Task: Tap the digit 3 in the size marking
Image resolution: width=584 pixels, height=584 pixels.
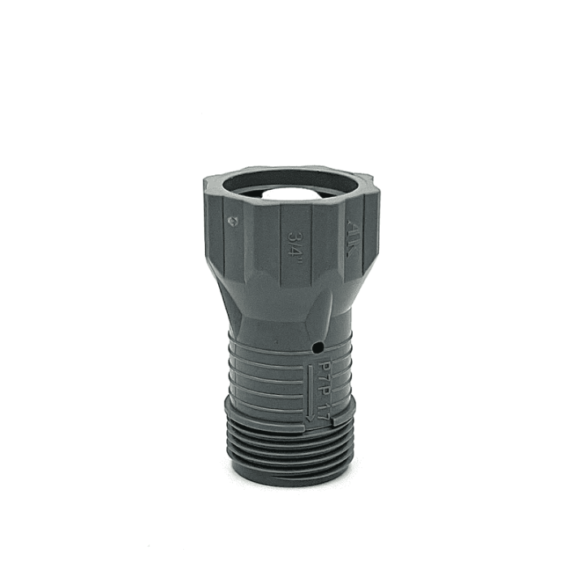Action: point(297,230)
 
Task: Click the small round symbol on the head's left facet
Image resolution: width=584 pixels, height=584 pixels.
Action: point(234,218)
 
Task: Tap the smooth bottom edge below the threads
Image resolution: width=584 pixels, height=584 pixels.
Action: point(288,480)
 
